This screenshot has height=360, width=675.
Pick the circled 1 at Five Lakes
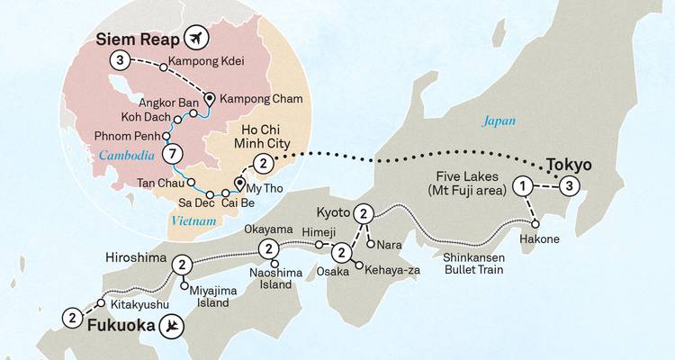point(521,187)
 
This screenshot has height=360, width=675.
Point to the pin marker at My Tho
point(240,186)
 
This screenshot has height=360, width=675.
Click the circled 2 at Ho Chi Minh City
point(262,164)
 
